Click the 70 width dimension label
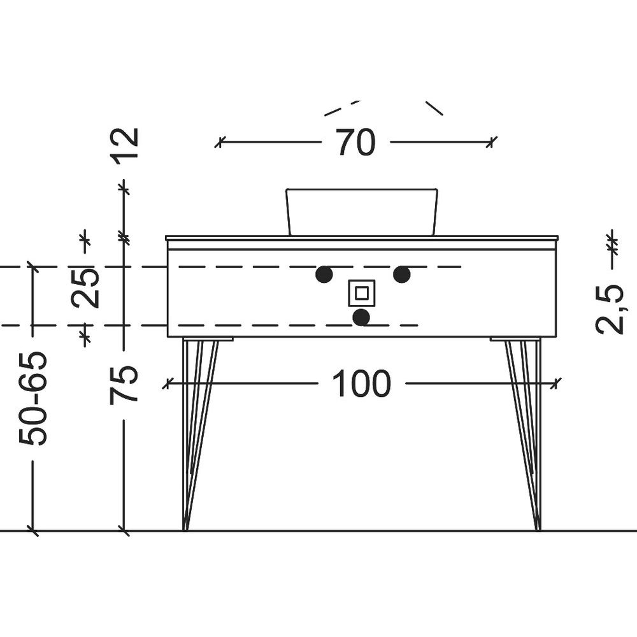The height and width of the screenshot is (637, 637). coord(355,142)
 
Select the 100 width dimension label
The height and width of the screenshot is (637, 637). coord(362,383)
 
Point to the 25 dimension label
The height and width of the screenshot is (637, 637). coord(85,288)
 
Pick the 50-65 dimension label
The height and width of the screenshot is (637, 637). coord(33,398)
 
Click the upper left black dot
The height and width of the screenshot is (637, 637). coord(324,275)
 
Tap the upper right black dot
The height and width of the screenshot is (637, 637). coord(402,275)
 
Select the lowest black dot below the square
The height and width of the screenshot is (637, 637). coord(361,317)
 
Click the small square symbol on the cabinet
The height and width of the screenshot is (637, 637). coord(362,293)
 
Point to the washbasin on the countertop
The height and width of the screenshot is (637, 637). coord(362,211)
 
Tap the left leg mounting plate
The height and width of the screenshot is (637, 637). coord(208,339)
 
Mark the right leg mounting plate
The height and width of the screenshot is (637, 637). coord(516,339)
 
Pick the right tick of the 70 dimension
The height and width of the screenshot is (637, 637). coord(492,142)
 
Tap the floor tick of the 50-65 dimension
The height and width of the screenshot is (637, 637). coord(33,530)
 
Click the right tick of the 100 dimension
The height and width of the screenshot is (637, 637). coord(555,383)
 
